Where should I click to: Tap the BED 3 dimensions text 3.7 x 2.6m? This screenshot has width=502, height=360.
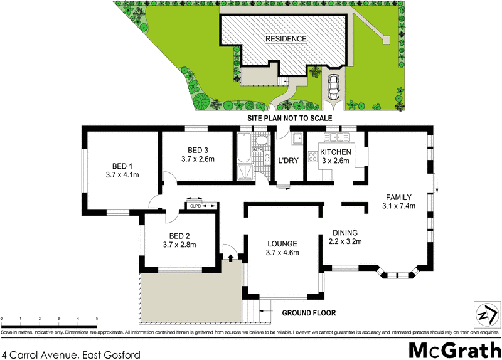198,159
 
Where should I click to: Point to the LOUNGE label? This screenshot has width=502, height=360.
281,243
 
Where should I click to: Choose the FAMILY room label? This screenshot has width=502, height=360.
399,196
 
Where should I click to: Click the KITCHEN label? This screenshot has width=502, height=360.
335,152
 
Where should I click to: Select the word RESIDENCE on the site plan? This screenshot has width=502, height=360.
286,39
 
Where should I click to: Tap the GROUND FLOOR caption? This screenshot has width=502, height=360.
309,312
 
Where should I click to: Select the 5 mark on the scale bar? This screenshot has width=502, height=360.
97,319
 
